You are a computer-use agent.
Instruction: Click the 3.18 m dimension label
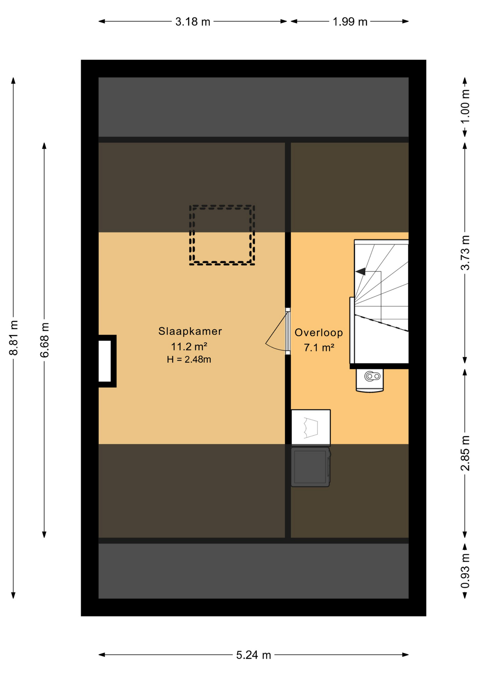[193, 22]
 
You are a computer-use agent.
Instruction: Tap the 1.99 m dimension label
[350, 22]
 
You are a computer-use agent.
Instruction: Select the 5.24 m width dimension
[253, 655]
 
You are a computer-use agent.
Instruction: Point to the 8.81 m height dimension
[13, 338]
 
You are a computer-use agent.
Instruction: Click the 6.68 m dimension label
[44, 340]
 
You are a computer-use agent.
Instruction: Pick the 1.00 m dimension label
[465, 106]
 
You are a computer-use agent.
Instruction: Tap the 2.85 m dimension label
[465, 453]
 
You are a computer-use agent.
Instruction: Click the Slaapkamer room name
[190, 331]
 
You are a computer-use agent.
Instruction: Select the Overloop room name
[319, 333]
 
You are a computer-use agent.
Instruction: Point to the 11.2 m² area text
[189, 346]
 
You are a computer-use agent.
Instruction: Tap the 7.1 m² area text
[319, 348]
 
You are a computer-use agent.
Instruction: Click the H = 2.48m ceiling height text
[189, 359]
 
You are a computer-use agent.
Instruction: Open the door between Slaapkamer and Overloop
[288, 331]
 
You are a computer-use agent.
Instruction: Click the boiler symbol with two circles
[370, 380]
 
